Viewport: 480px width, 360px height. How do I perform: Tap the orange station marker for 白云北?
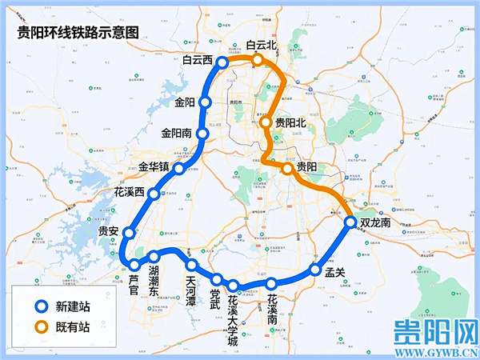point(258,60)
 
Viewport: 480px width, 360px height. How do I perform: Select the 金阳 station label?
point(185,102)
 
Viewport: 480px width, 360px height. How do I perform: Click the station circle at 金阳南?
point(203,134)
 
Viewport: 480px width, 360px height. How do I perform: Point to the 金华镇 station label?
point(154,167)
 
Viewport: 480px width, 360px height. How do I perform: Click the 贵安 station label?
point(108,231)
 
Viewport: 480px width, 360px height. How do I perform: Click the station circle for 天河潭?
point(192,266)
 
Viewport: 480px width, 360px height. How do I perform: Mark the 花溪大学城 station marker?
point(233,286)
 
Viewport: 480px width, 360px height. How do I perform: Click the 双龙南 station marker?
point(350,222)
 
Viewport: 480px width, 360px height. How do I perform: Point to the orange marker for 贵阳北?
point(266,122)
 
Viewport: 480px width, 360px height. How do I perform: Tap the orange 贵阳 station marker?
point(287,169)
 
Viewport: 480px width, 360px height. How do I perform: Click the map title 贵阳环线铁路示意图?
point(78,32)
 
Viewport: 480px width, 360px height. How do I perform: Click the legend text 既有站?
point(72,327)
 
